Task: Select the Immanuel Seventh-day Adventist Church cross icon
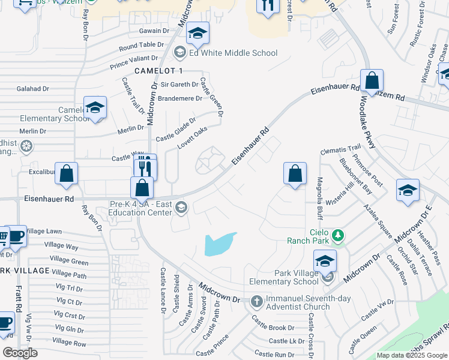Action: [256, 301]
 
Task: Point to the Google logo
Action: [20, 353]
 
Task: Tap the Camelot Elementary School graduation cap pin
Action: [95, 108]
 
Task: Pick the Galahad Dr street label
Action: [33, 89]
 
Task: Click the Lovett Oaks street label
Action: [192, 138]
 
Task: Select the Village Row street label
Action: [69, 342]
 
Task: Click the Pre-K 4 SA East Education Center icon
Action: [181, 208]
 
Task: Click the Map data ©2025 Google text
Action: [411, 355]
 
